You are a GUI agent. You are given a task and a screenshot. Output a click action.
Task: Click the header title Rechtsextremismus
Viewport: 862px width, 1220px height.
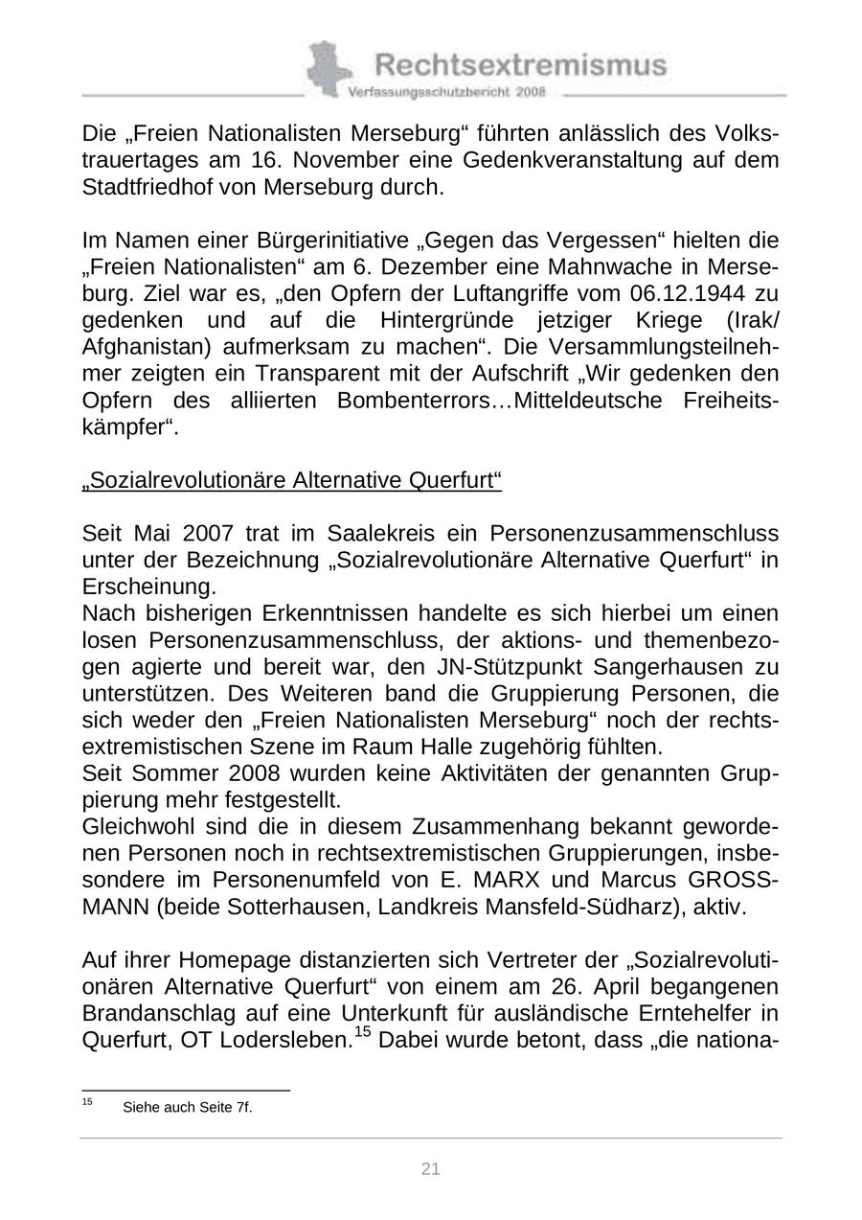click(x=520, y=64)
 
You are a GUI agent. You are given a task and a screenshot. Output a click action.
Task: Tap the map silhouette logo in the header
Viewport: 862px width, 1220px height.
click(x=328, y=68)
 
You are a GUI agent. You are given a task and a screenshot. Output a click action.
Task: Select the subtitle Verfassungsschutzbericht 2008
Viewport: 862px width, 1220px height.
click(x=446, y=92)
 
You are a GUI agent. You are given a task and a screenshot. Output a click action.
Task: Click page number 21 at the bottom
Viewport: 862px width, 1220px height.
click(x=431, y=1168)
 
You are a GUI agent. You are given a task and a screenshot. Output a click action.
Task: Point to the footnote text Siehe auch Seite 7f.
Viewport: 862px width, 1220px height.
click(x=188, y=1108)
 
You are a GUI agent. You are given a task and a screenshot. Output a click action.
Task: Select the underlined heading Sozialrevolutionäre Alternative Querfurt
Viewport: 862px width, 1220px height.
click(x=292, y=479)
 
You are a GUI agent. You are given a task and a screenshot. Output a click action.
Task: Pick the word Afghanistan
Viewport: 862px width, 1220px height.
click(x=142, y=346)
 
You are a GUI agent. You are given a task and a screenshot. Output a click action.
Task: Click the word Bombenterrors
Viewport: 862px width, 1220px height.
click(x=420, y=400)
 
